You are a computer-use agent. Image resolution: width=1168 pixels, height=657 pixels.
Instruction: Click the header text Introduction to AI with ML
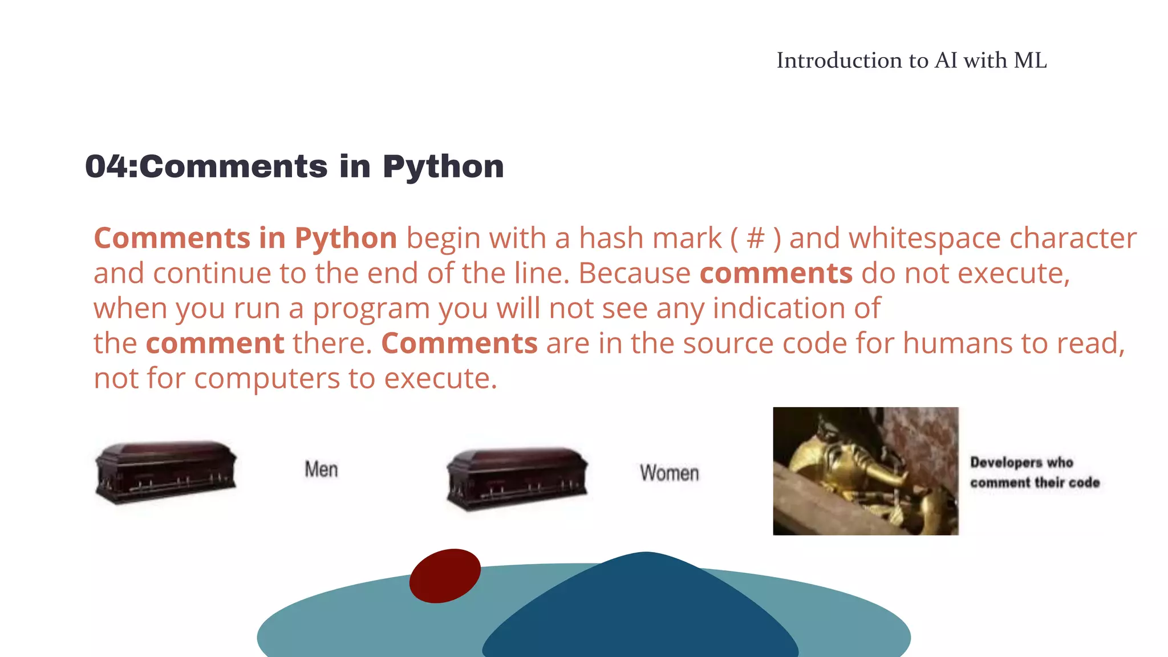click(911, 60)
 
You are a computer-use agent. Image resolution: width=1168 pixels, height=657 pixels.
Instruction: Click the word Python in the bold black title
click(443, 168)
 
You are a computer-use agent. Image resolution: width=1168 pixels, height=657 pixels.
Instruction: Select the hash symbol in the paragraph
click(755, 238)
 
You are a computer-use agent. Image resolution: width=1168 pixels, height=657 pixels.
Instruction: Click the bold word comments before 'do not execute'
click(776, 273)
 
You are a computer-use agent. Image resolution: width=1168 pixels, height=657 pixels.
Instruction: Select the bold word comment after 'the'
click(215, 343)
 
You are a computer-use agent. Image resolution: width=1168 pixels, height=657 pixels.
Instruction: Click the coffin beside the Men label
click(165, 472)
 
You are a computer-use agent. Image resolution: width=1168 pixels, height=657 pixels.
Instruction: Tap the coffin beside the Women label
click(517, 479)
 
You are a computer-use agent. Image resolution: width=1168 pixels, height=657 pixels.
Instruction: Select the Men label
click(321, 469)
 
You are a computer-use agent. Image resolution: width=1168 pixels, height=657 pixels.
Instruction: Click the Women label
click(669, 473)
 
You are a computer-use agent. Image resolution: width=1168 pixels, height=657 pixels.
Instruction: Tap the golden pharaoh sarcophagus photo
click(865, 471)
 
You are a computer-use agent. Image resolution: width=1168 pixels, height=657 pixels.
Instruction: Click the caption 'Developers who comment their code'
click(1035, 472)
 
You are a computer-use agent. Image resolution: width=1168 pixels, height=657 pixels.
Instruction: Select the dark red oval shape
click(445, 575)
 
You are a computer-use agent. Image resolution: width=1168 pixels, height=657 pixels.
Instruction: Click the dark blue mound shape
click(640, 616)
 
